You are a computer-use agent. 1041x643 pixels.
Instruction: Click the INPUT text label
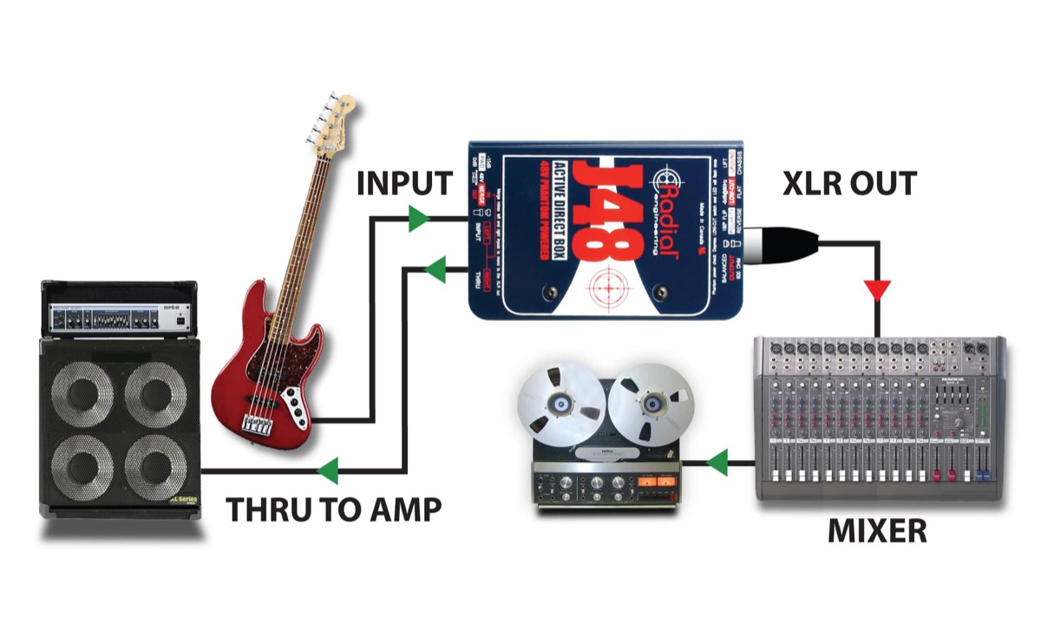click(x=404, y=184)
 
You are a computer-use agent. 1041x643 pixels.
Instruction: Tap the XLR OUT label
click(x=849, y=184)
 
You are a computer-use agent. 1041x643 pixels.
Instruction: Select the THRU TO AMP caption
click(x=334, y=510)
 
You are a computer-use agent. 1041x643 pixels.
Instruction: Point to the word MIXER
click(x=877, y=529)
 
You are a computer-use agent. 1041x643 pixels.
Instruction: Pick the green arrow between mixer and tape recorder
click(x=717, y=463)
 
